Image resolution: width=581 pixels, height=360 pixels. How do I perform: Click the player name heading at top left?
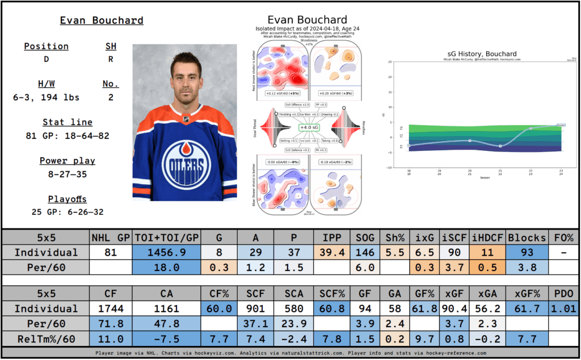[x=102, y=21]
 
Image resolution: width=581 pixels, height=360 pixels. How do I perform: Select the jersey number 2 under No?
[x=111, y=98]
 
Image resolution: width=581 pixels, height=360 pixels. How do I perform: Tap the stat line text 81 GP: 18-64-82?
[x=70, y=135]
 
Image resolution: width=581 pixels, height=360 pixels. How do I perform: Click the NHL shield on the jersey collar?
[x=186, y=120]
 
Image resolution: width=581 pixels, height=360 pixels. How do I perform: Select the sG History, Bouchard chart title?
[x=473, y=54]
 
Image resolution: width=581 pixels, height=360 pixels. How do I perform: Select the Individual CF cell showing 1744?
[x=111, y=308]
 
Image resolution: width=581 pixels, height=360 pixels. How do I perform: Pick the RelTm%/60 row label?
[x=46, y=339]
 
